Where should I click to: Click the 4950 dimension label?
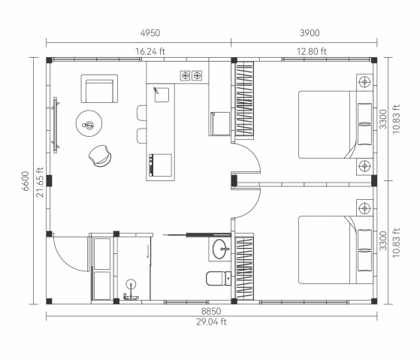(150, 33)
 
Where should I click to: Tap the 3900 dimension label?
(310, 33)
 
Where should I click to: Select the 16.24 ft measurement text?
(150, 51)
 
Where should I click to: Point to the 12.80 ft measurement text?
(312, 51)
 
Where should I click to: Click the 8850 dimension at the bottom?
(211, 311)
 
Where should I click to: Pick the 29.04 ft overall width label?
(211, 322)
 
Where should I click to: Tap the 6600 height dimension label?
(26, 181)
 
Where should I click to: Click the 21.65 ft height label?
(40, 182)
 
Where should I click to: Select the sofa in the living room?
(99, 89)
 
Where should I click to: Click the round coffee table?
(89, 123)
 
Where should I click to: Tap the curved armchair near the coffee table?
(100, 156)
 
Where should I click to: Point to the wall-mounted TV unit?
(56, 125)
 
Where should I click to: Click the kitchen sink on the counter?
(162, 95)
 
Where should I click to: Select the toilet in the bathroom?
(219, 279)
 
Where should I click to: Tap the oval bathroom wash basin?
(219, 249)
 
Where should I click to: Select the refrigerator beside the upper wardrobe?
(219, 124)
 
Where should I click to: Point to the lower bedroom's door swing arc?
(253, 206)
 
